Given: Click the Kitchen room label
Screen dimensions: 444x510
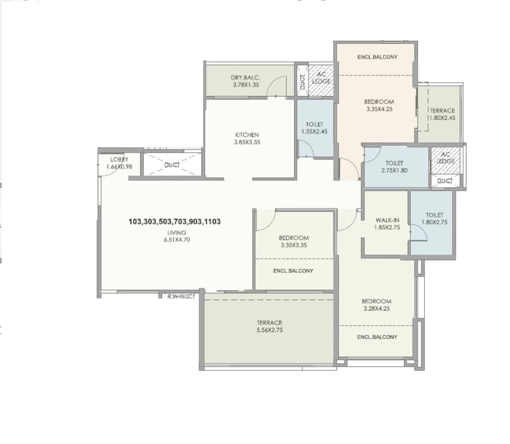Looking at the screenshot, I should click(247, 135).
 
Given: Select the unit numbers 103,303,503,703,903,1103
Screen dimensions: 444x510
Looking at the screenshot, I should click(175, 221).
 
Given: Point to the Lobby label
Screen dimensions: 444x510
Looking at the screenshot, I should click(119, 160).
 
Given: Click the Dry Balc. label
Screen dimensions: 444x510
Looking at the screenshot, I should click(246, 78).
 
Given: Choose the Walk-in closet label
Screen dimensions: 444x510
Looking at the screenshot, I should click(385, 220).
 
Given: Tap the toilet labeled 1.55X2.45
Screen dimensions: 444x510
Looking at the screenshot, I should click(314, 132).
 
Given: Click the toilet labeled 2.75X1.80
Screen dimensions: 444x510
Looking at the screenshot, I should click(393, 170).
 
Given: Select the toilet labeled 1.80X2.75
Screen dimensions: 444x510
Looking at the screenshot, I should click(434, 222).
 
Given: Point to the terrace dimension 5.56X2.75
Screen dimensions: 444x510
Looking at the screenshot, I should click(270, 330).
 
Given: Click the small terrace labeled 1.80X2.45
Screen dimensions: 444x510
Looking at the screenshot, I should click(442, 118).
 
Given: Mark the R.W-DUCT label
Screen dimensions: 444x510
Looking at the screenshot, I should click(181, 296).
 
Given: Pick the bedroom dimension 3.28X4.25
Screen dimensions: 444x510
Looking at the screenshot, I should click(377, 308).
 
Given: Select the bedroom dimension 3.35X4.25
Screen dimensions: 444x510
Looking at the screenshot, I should click(379, 109).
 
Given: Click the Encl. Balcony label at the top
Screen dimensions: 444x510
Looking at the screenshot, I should click(377, 57).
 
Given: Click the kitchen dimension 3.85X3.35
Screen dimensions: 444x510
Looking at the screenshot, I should click(247, 142).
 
